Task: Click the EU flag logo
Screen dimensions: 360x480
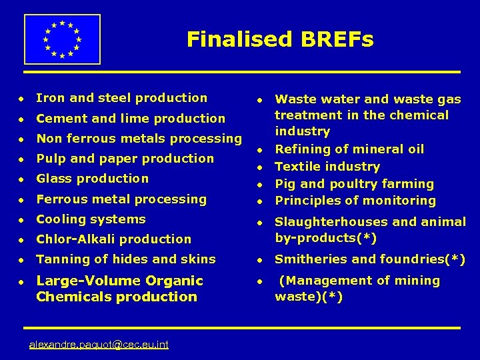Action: point(62,39)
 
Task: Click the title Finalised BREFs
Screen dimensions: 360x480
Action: point(280,39)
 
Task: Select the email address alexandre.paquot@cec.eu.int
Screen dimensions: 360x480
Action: point(99,344)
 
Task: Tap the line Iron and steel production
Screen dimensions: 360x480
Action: point(121,98)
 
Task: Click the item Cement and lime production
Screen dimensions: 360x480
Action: point(131,119)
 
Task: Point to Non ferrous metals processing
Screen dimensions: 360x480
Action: point(139,139)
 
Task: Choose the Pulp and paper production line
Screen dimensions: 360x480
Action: point(125,159)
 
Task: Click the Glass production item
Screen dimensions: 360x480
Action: point(92,179)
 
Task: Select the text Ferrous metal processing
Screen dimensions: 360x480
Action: point(121,199)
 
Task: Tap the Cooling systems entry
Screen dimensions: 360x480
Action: point(91,219)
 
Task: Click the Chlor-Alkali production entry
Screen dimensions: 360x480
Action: point(113,239)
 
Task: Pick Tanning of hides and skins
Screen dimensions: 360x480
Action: point(126,259)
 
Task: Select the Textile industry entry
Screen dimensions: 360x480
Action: point(327,167)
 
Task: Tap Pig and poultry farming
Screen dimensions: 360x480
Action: point(354,184)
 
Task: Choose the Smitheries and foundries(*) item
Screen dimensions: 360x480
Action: point(370,259)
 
